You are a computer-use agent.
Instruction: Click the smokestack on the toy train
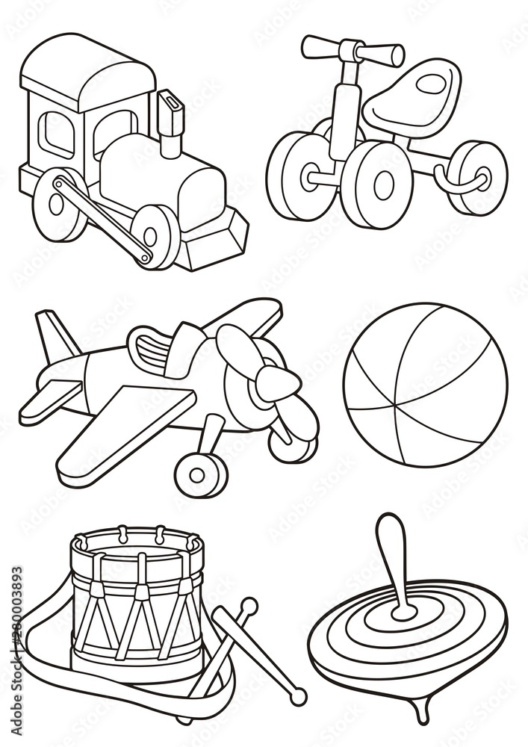pyautogui.click(x=171, y=117)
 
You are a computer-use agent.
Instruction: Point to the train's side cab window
pyautogui.click(x=58, y=134)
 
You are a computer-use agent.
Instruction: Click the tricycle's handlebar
pyautogui.click(x=352, y=50)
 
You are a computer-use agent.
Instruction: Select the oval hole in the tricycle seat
pyautogui.click(x=431, y=85)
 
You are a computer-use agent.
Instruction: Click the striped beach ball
pyautogui.click(x=425, y=384)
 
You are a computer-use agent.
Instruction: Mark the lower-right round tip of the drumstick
pyautogui.click(x=299, y=697)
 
